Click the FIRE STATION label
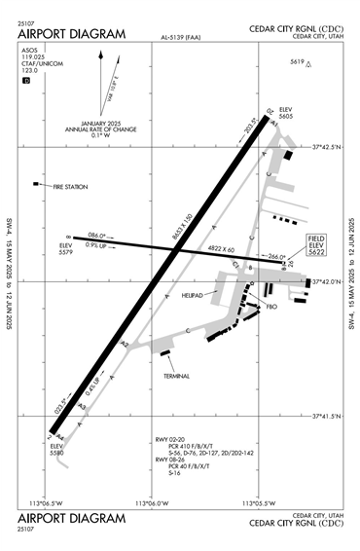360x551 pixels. coord(71,186)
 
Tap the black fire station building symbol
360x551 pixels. coord(37,183)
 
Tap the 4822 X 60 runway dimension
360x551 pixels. coord(221,250)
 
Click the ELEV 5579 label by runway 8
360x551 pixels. coord(66,248)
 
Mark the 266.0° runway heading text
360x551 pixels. coord(276,256)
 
